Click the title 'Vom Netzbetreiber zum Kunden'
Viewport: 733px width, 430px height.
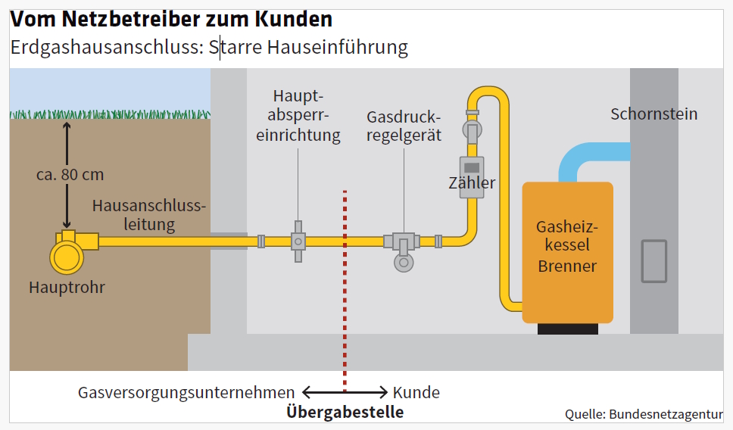pos(171,19)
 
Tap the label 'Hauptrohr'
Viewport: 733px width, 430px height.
pos(67,288)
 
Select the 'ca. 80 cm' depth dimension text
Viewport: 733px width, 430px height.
pos(70,175)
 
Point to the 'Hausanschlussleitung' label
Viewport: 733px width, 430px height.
pos(148,215)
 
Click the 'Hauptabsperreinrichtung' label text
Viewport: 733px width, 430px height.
pos(298,116)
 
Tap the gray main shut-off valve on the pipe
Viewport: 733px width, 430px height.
pos(298,241)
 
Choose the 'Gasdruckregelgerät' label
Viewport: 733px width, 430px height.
pos(403,128)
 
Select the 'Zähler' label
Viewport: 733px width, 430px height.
pos(472,183)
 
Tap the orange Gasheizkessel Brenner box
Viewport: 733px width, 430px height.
pos(567,250)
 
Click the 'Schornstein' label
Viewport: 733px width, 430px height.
pos(653,114)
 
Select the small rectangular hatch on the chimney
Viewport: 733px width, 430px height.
pos(653,261)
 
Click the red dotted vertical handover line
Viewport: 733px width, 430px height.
pos(345,288)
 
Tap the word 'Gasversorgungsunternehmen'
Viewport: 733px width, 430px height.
pos(186,393)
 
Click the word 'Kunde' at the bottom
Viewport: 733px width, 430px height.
pos(416,393)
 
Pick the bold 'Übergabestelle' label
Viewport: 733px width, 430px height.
pos(345,413)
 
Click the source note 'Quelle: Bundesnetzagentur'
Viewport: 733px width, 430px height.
pos(643,414)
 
